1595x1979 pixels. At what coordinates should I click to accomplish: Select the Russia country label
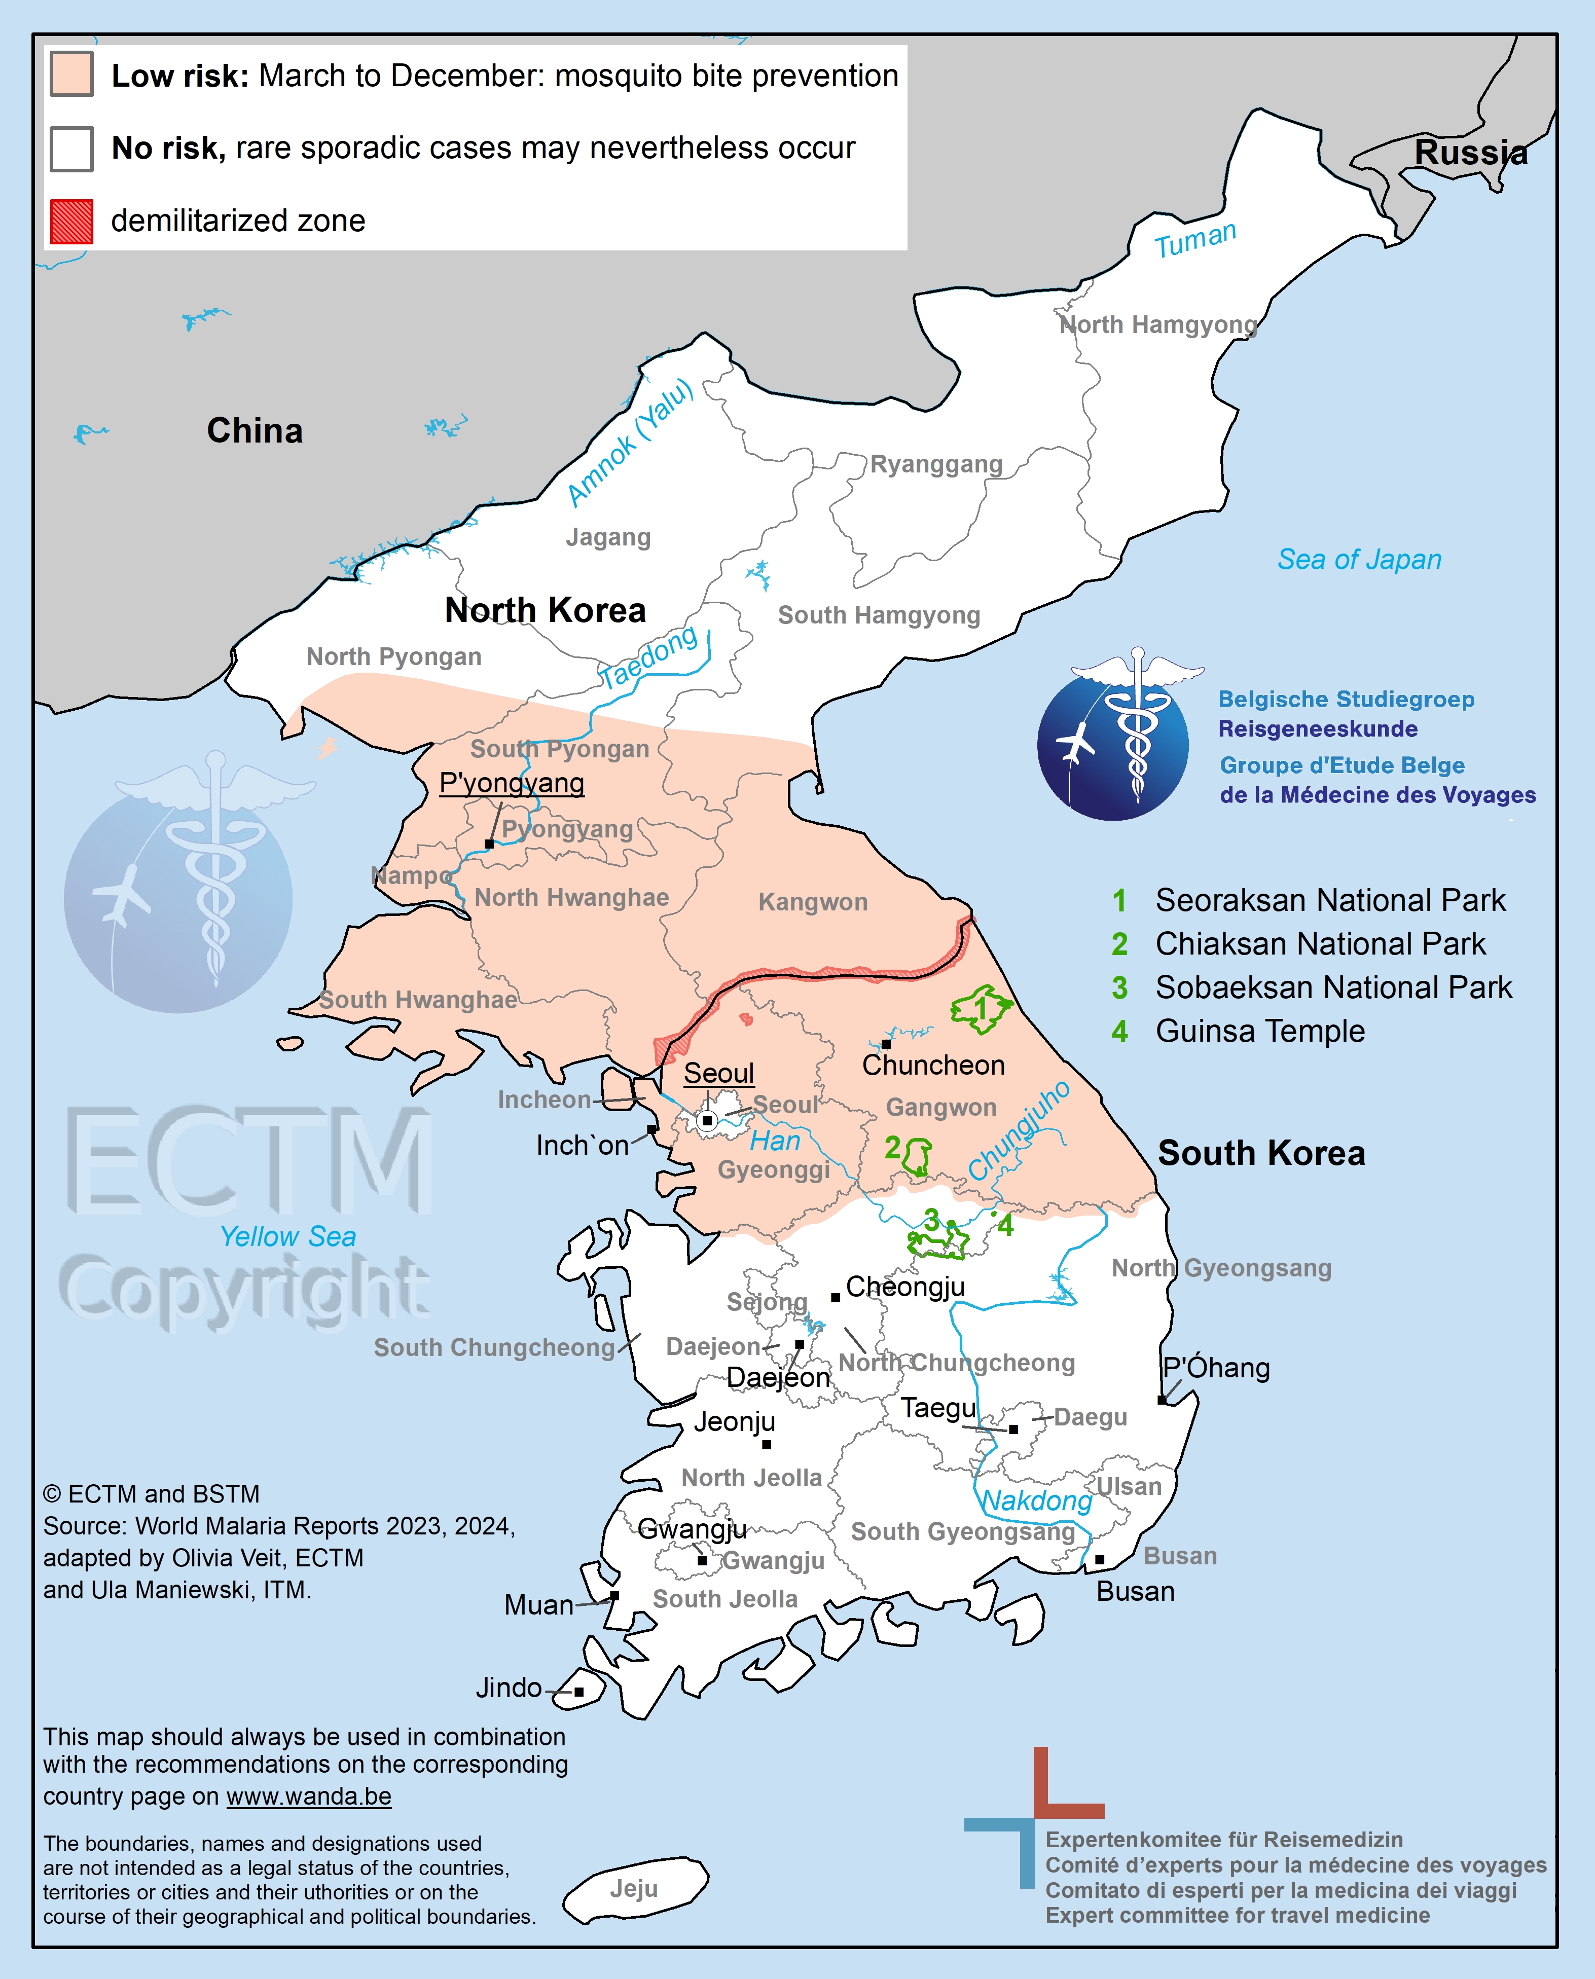(x=1470, y=153)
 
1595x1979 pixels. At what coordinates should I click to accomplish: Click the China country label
(x=255, y=430)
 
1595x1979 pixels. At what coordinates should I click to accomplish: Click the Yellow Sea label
(x=287, y=1237)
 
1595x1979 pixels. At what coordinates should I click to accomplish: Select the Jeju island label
(x=633, y=1888)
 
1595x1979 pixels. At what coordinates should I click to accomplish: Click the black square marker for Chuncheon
(x=886, y=1044)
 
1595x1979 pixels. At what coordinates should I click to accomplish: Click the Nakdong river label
(x=1036, y=1500)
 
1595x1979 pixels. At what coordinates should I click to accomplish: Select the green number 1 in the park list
(x=1119, y=900)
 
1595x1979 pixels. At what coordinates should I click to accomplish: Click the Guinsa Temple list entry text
(x=1260, y=1031)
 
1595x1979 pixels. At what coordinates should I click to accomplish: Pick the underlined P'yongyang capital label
(x=512, y=783)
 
